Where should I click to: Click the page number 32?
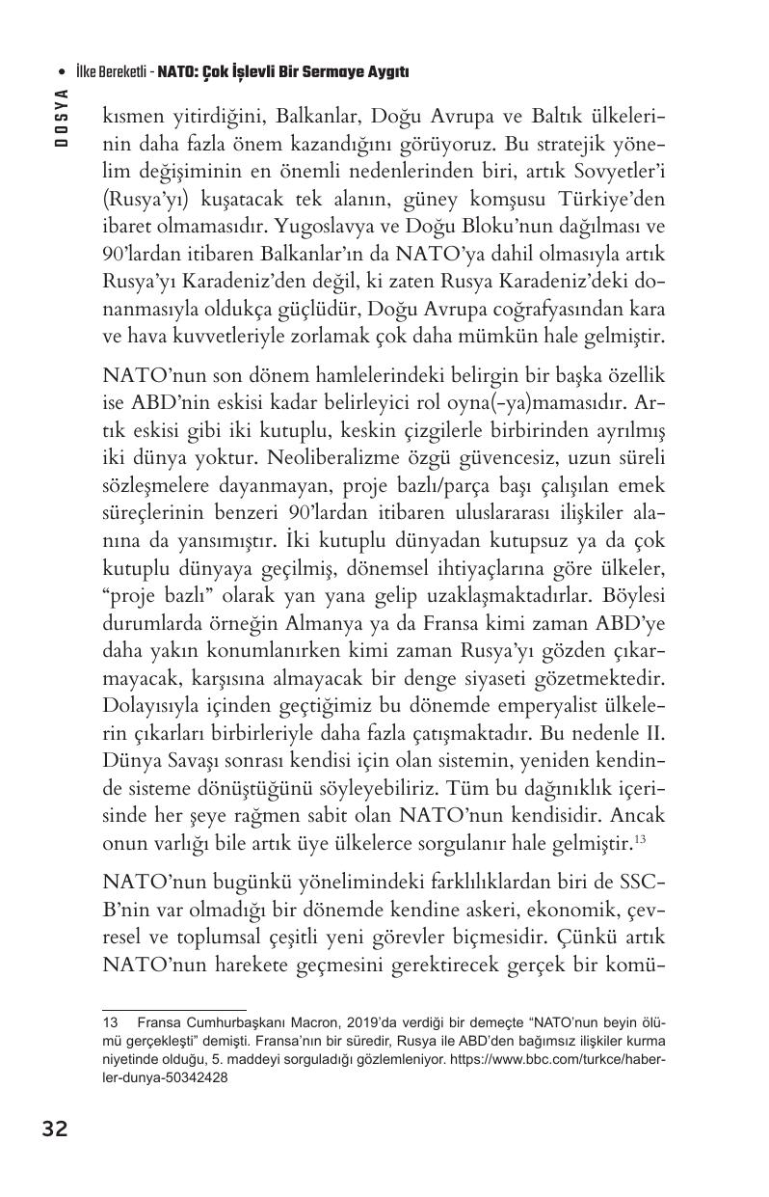54,1129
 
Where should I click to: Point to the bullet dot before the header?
62,72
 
